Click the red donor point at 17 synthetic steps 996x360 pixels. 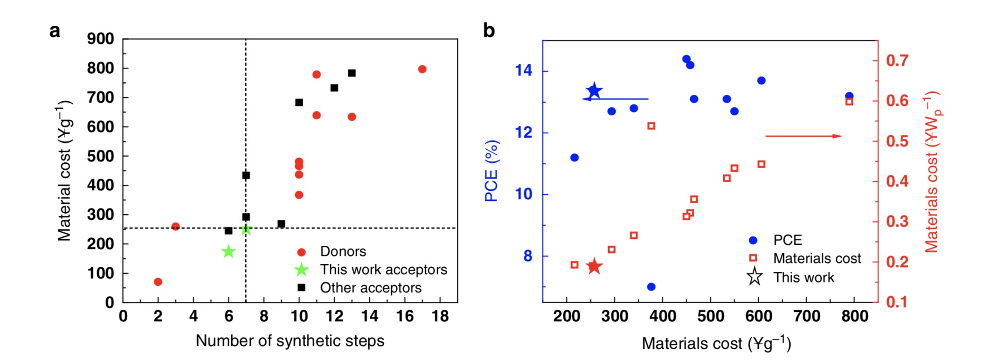click(x=422, y=69)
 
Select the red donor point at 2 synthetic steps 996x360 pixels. click(x=158, y=282)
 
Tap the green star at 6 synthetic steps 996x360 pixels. click(x=228, y=251)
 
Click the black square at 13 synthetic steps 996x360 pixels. click(x=352, y=73)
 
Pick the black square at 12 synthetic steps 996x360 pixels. click(x=334, y=88)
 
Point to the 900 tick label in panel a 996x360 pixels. click(x=100, y=39)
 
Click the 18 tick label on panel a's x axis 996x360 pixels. click(x=440, y=317)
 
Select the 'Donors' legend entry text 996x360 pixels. click(x=343, y=251)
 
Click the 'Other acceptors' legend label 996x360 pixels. click(x=370, y=288)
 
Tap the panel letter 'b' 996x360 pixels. click(x=489, y=31)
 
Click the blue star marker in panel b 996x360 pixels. click(x=594, y=91)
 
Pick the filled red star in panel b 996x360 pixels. click(x=594, y=266)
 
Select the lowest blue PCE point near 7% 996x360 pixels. click(x=651, y=286)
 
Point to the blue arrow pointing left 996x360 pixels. click(x=616, y=99)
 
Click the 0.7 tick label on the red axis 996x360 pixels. click(x=897, y=61)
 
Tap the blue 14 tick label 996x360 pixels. click(x=524, y=70)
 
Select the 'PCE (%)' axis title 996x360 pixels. click(x=491, y=171)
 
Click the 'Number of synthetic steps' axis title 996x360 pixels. click(x=290, y=341)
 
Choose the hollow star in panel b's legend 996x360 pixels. click(x=754, y=277)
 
